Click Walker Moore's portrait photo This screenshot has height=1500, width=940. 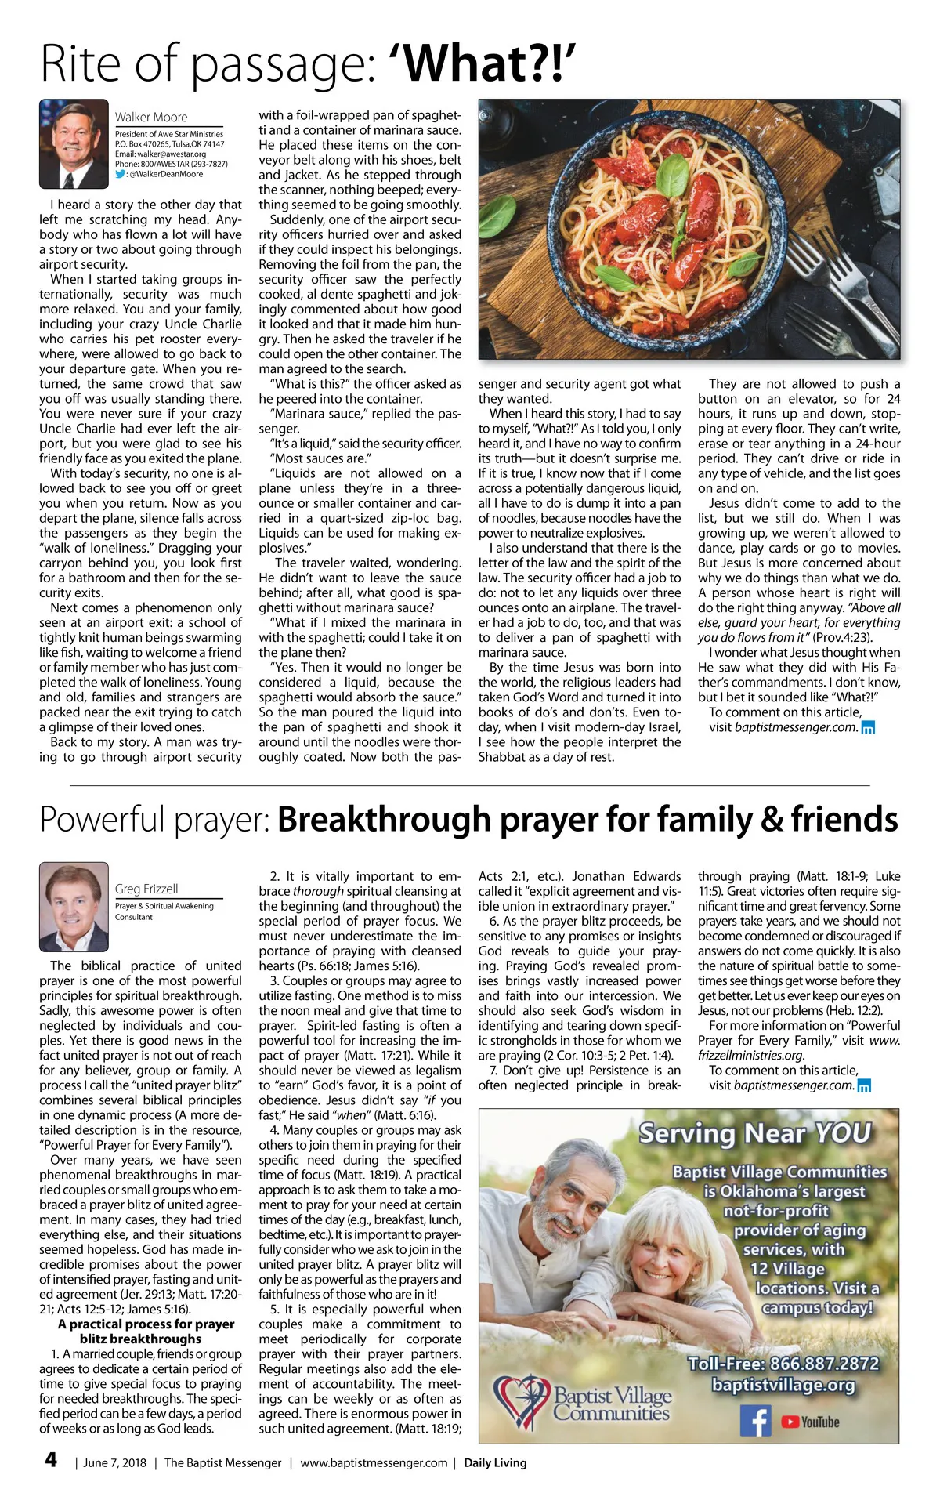[x=74, y=144]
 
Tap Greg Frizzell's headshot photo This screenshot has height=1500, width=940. [x=74, y=907]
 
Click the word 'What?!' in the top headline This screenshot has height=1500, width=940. [x=490, y=64]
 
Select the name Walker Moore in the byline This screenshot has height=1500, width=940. [x=151, y=117]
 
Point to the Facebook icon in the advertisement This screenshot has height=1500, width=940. [x=756, y=1421]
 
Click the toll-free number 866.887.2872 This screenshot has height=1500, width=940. [x=783, y=1363]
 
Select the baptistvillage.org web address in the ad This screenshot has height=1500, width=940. [x=783, y=1385]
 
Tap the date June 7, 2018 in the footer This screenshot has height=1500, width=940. [x=114, y=1462]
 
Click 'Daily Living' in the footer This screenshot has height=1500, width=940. [x=495, y=1462]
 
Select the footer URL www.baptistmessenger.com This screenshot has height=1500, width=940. [x=374, y=1462]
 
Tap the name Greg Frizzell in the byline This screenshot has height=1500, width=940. [x=146, y=889]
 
